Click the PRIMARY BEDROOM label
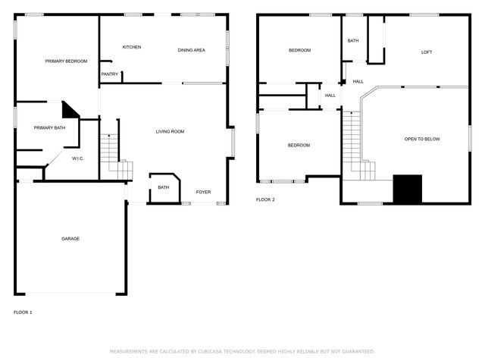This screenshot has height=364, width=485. click(66, 61)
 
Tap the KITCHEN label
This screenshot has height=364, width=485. click(132, 47)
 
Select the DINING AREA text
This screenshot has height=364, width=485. click(191, 50)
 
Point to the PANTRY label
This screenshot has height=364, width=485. click(110, 74)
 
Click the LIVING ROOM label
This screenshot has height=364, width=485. click(170, 131)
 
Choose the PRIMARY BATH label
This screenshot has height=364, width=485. click(49, 127)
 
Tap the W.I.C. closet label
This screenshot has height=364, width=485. click(77, 158)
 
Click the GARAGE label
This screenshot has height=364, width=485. click(70, 239)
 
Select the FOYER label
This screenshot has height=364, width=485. click(203, 192)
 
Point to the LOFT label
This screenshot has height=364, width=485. click(427, 52)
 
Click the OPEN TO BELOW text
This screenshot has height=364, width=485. click(422, 139)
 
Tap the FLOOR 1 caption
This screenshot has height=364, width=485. click(23, 312)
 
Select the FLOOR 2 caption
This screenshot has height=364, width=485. click(265, 199)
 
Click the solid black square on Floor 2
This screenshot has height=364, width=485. click(408, 189)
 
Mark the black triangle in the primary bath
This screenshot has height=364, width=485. click(70, 111)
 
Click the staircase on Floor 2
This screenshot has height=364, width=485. click(353, 144)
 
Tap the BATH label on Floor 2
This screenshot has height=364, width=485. click(353, 41)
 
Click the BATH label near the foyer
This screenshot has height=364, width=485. click(163, 187)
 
